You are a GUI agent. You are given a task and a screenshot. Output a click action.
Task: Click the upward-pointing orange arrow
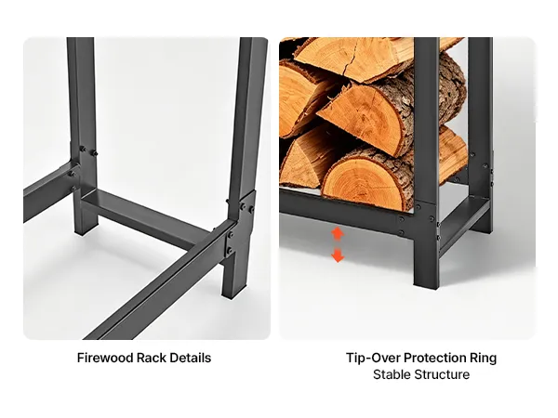(x=338, y=234)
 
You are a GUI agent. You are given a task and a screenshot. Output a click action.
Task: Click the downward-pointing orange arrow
(x=338, y=255)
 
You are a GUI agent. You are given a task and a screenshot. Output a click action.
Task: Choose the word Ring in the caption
(x=484, y=359)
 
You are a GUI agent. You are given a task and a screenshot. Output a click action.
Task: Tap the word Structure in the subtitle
(x=442, y=374)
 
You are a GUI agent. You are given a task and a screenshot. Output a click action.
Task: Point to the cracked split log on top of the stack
(x=356, y=59)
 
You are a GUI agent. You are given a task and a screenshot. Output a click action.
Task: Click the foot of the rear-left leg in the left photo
(x=86, y=228)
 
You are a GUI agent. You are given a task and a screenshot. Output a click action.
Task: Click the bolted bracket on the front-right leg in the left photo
(x=240, y=224)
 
